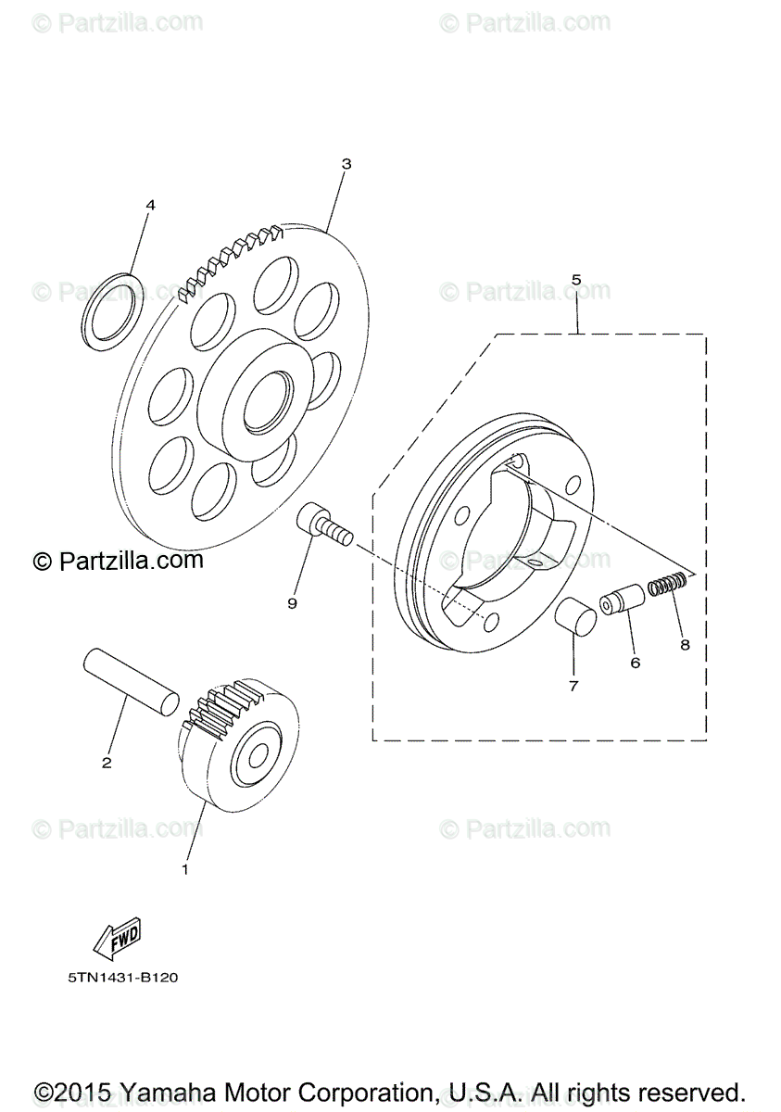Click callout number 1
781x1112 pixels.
[x=184, y=870]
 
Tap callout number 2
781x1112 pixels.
[x=107, y=763]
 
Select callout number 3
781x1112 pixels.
[x=346, y=164]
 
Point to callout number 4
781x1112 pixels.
[x=150, y=205]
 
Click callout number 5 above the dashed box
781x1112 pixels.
[x=576, y=279]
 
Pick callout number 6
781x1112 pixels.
[x=636, y=663]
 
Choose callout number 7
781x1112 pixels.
[x=573, y=687]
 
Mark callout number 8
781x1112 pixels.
[x=685, y=645]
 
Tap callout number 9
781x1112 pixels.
[x=292, y=603]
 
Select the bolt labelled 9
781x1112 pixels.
[x=324, y=524]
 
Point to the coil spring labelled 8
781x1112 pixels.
[x=667, y=585]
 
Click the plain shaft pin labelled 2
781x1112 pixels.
[x=130, y=680]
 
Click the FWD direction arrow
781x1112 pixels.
[x=117, y=941]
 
